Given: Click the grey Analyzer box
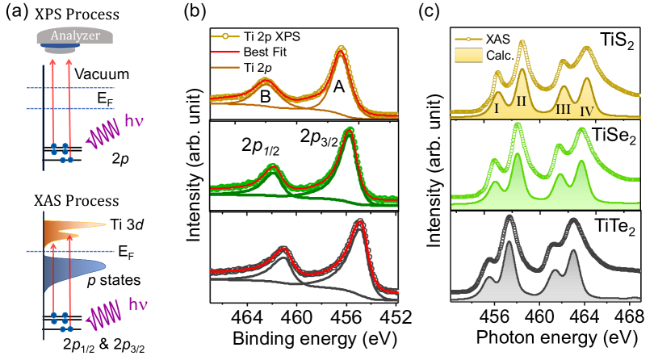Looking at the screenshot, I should tap(71, 36).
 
